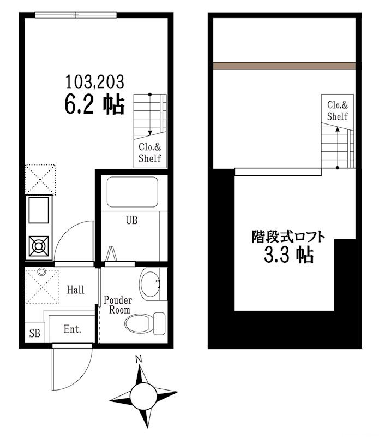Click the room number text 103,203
pos(95,82)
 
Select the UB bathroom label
pos(131,221)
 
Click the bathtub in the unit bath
pos(131,192)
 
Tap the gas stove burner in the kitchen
pos(39,246)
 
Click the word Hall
pos(75,290)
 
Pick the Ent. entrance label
pos(72,329)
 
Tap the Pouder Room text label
pos(118,305)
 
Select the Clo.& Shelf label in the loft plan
pos(337,111)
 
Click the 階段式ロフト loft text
pos(288,237)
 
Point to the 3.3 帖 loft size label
pos(289,255)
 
